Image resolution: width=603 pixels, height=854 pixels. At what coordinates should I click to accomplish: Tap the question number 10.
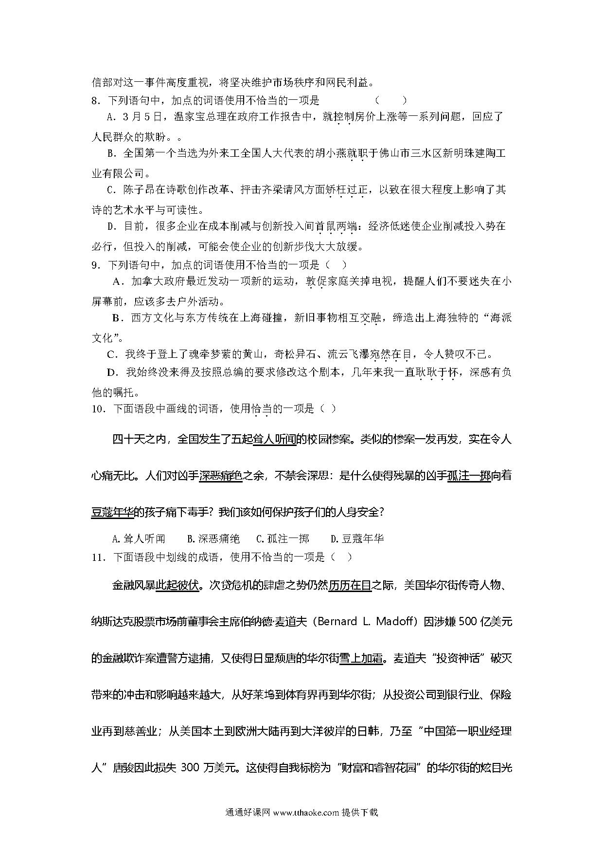[x=98, y=409]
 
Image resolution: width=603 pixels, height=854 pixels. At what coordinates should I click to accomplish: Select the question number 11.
[x=98, y=557]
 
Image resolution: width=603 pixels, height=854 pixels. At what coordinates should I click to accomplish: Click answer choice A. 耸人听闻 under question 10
[x=139, y=538]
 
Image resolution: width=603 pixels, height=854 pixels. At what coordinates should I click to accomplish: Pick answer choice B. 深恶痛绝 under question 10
[x=213, y=538]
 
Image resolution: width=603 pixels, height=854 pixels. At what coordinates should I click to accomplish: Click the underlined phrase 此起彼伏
[x=177, y=585]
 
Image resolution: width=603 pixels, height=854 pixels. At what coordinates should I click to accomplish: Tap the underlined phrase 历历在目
[x=350, y=585]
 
